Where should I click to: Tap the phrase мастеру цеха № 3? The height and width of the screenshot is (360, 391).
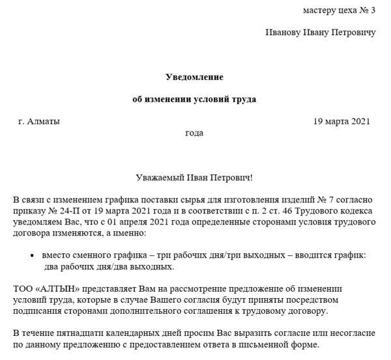tap(339, 10)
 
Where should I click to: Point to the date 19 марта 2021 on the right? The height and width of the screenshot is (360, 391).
tap(341, 121)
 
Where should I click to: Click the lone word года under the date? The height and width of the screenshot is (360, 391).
tap(194, 133)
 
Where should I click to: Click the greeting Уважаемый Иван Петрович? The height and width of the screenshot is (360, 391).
tap(194, 178)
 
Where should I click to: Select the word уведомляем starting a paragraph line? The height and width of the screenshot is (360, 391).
tap(36, 222)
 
